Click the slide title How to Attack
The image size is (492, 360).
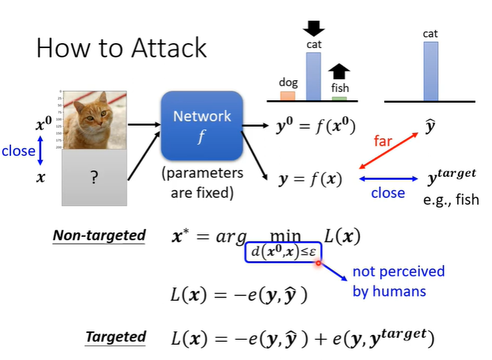click(x=121, y=47)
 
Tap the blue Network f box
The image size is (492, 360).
click(x=202, y=125)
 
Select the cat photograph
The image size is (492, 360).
click(x=94, y=119)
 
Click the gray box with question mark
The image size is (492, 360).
click(x=94, y=178)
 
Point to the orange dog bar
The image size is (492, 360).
click(x=287, y=95)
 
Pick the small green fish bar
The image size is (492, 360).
click(x=339, y=99)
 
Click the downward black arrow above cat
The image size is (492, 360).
click(x=314, y=28)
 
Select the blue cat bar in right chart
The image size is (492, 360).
click(x=431, y=71)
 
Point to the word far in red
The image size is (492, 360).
click(x=383, y=141)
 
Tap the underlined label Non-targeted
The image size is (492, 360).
click(x=99, y=235)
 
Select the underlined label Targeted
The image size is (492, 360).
click(x=116, y=337)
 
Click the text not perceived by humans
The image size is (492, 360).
click(x=398, y=281)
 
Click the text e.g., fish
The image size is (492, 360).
click(x=451, y=200)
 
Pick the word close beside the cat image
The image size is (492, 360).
click(x=18, y=150)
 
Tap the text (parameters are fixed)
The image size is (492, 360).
click(x=202, y=182)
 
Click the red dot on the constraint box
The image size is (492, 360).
click(x=319, y=263)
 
